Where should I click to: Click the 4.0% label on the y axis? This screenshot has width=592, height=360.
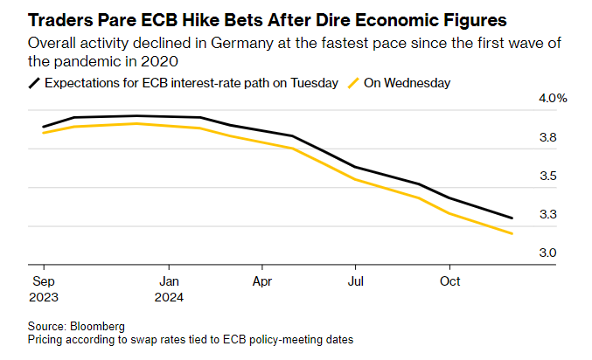click(x=553, y=99)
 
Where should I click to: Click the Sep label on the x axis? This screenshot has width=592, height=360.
click(x=42, y=281)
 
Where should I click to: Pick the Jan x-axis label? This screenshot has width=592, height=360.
click(x=170, y=281)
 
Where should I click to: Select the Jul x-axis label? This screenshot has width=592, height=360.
click(x=354, y=281)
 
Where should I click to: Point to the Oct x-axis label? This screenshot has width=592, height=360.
click(x=449, y=281)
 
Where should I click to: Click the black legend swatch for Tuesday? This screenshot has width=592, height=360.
click(x=35, y=83)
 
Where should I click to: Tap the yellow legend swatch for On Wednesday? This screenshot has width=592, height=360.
click(x=353, y=83)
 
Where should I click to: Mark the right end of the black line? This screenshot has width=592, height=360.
click(x=512, y=218)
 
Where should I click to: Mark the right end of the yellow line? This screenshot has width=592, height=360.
click(x=512, y=233)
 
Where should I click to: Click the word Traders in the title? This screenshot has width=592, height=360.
click(x=61, y=17)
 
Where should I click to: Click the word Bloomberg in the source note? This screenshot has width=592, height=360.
click(x=98, y=326)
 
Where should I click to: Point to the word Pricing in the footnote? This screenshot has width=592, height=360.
click(x=47, y=339)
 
